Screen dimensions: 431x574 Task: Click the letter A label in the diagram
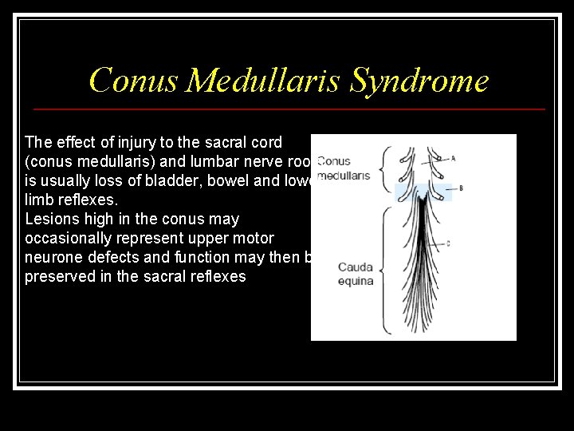click(x=453, y=158)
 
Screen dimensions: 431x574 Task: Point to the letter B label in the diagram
click(x=461, y=188)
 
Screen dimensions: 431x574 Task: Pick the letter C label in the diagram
click(x=449, y=243)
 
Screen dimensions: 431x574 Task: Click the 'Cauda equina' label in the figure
click(x=356, y=274)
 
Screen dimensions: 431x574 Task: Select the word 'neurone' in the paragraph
click(x=53, y=257)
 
